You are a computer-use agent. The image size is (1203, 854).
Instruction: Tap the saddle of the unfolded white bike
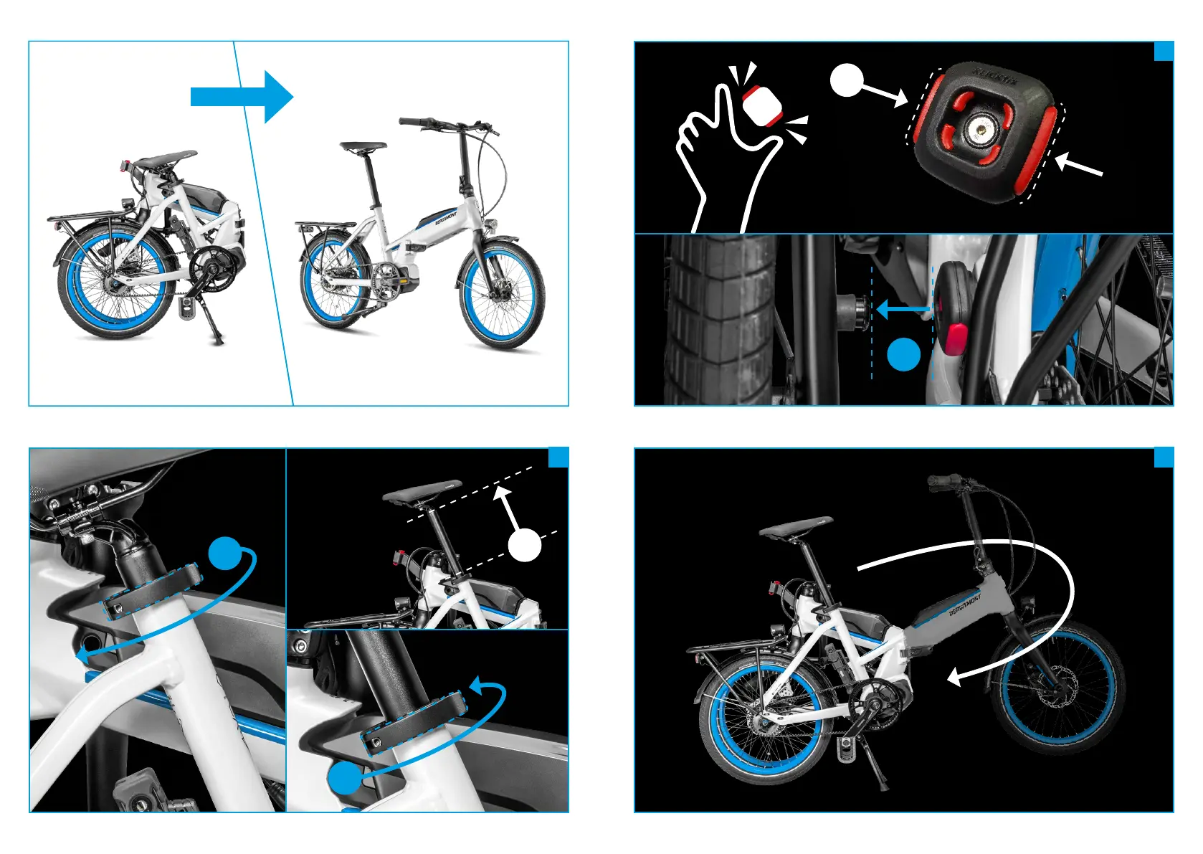[363, 147]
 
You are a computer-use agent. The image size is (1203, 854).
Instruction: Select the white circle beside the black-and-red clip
[847, 80]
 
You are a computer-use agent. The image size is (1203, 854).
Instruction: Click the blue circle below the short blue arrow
[903, 354]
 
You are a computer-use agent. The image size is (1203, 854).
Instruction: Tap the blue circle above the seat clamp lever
[225, 553]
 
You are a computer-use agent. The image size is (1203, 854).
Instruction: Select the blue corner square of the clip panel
[1164, 51]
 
